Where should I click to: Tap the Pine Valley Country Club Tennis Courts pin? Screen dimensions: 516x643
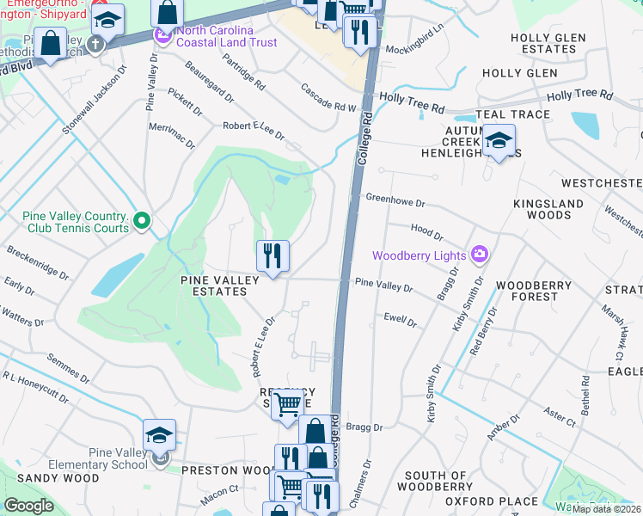[143, 223]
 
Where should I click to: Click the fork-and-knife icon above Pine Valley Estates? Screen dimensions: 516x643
[273, 256]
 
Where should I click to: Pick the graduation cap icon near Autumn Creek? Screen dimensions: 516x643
[499, 140]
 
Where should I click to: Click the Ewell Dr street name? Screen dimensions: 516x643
[401, 321]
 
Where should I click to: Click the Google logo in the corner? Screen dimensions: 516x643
[28, 506]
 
